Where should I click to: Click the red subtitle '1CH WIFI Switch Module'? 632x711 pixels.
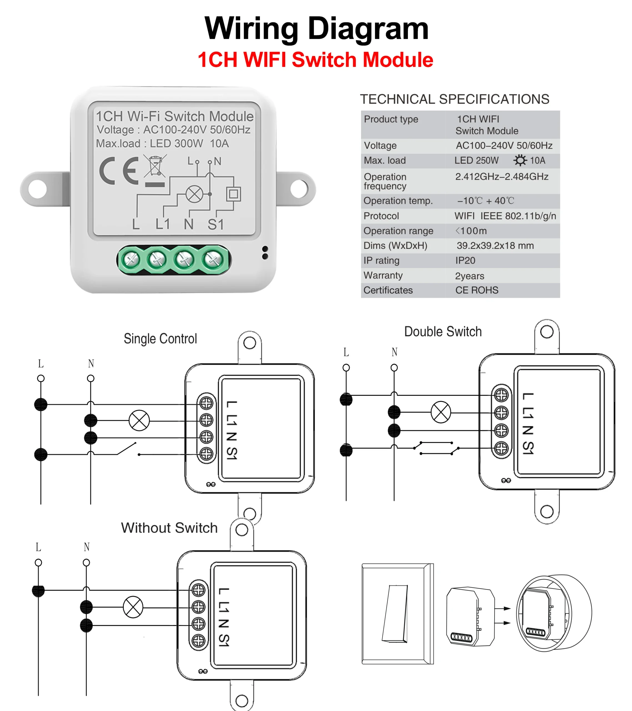pyautogui.click(x=315, y=59)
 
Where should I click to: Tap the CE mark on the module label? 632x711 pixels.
pyautogui.click(x=119, y=171)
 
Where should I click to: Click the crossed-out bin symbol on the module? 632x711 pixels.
pyautogui.click(x=155, y=167)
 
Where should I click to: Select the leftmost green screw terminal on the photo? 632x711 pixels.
pyautogui.click(x=131, y=259)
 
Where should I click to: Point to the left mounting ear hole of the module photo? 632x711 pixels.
pyautogui.click(x=37, y=189)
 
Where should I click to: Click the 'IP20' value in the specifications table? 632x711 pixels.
pyautogui.click(x=465, y=260)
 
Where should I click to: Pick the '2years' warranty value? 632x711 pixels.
pyautogui.click(x=469, y=276)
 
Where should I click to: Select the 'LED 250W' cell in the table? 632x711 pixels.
pyautogui.click(x=476, y=160)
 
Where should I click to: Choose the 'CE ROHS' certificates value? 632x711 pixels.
pyautogui.click(x=476, y=290)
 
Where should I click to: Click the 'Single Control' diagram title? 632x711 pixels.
pyautogui.click(x=160, y=339)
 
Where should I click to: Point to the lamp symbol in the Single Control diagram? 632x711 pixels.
pyautogui.click(x=139, y=420)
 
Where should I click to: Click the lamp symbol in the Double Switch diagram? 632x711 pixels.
pyautogui.click(x=441, y=412)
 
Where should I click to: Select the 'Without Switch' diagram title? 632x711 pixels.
pyautogui.click(x=169, y=528)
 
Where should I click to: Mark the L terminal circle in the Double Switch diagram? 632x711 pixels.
pyautogui.click(x=346, y=368)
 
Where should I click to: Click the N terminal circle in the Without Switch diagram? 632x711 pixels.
pyautogui.click(x=86, y=562)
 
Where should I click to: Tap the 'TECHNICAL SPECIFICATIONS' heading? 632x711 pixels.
pyautogui.click(x=454, y=99)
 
